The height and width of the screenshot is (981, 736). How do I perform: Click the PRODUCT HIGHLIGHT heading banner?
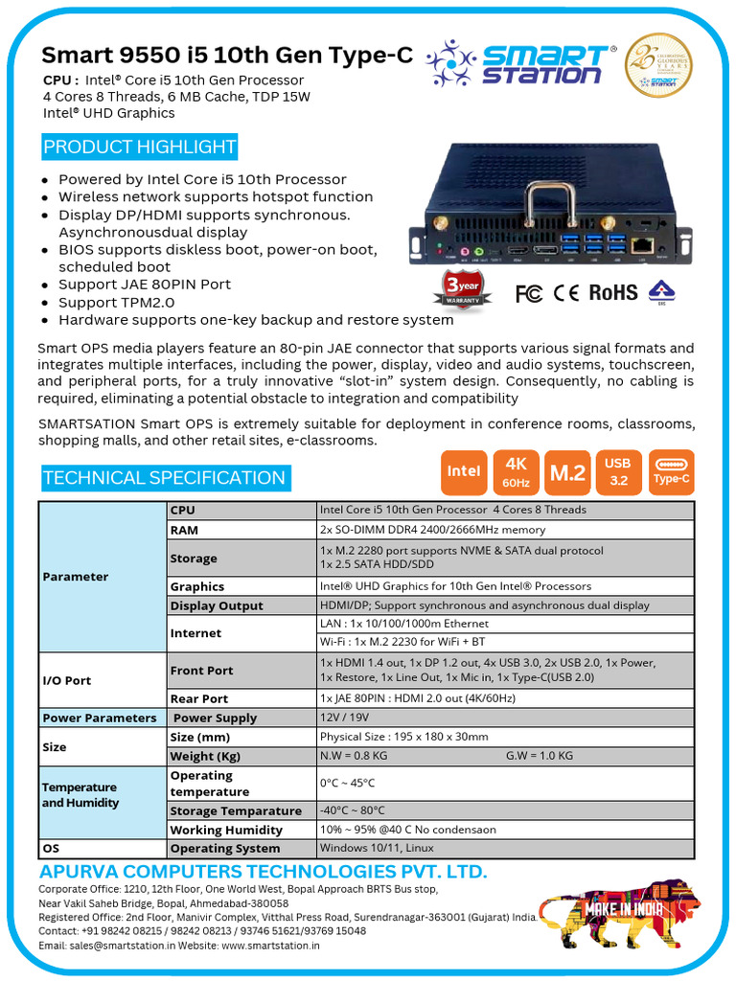click(x=140, y=148)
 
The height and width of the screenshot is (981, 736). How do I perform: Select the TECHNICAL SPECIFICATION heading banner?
click(x=164, y=478)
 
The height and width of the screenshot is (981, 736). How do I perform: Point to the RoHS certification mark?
click(x=612, y=292)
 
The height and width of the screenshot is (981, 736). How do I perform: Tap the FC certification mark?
click(x=529, y=293)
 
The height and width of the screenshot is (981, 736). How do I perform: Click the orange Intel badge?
click(x=464, y=471)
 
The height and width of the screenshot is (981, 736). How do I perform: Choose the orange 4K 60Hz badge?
click(x=516, y=471)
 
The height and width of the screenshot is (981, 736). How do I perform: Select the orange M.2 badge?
click(x=567, y=471)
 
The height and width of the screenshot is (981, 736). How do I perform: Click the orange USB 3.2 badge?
click(x=618, y=471)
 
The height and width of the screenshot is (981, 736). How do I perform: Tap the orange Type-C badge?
click(x=671, y=471)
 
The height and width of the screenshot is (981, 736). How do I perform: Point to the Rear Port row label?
click(x=198, y=699)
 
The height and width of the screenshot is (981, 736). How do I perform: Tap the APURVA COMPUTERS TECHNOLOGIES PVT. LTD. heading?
click(x=263, y=872)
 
